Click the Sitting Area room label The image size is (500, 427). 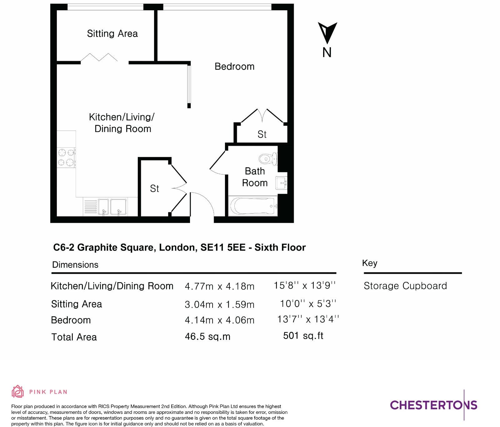coord(112,33)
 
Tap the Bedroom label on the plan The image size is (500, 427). coord(234,66)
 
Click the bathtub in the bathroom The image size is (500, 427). coord(253,206)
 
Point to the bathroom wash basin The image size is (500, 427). coord(281,183)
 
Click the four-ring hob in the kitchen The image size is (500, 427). coord(66,157)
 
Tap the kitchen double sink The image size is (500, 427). coord(112,207)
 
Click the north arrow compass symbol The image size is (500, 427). coord(327,33)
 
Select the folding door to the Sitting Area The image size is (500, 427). coord(99,57)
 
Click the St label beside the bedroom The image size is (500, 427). coord(262,135)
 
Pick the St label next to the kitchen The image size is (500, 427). coord(154,189)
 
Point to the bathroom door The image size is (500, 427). coord(217,162)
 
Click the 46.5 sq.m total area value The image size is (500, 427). coord(207,336)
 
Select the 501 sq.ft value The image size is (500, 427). coord(303,336)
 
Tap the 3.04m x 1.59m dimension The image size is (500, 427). coord(219,304)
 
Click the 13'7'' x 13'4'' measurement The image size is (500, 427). coord(308,319)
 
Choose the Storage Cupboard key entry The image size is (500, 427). coord(405,286)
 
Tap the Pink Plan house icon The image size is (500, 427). coord(18,391)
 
